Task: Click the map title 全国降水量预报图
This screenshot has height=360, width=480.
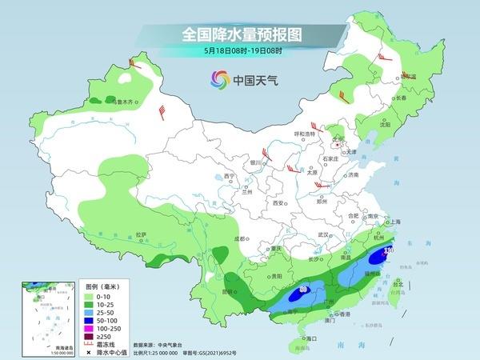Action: tap(240, 34)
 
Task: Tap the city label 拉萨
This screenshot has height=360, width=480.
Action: tap(142, 234)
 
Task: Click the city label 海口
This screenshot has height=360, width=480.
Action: tap(302, 338)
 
